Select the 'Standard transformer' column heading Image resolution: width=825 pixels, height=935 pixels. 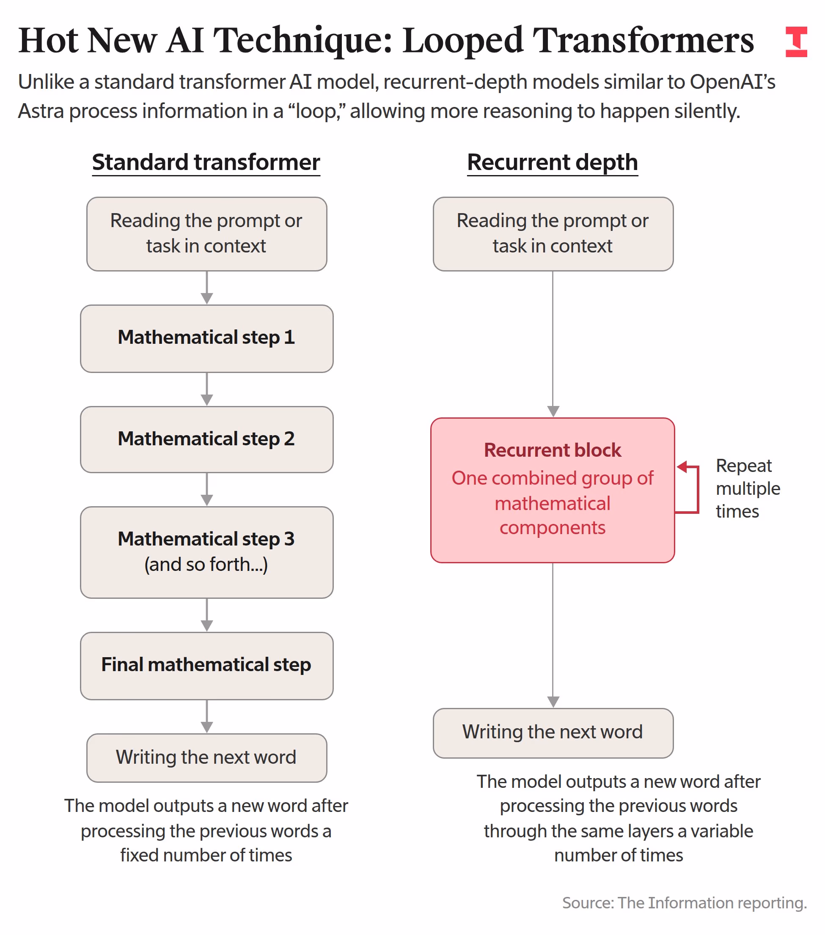point(206,162)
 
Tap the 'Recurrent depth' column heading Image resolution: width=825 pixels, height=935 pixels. point(552,162)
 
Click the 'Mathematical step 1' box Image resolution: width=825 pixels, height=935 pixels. point(207,338)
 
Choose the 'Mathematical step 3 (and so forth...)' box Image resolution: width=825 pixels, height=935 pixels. point(207,552)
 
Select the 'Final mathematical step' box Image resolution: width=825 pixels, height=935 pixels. point(207,666)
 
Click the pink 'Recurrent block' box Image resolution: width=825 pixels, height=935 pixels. point(553,490)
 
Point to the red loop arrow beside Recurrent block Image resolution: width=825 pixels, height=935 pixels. point(698,489)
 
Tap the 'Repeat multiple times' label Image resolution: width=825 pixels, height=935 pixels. point(748,488)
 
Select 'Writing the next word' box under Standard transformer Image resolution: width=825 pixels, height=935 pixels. point(207,757)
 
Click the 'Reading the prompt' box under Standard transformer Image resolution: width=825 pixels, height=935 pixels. point(207,234)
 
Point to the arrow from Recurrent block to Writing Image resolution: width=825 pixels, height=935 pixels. point(553,635)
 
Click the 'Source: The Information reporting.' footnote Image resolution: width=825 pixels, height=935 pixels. point(685,902)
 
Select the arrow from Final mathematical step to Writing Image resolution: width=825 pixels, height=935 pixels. point(207,716)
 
